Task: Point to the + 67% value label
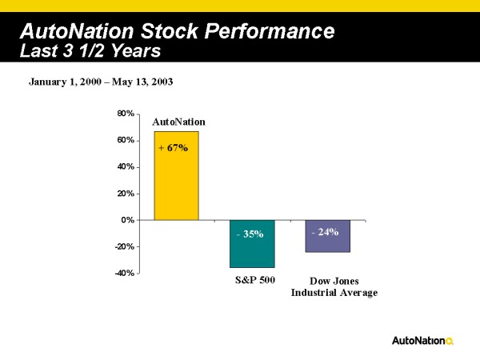point(173,148)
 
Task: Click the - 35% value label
point(250,234)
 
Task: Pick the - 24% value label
point(324,231)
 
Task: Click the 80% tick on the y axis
point(125,114)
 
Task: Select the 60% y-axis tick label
point(125,140)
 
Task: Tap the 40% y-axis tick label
point(125,166)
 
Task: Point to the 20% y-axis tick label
point(125,193)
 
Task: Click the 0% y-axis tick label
point(127,219)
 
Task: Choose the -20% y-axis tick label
point(123,246)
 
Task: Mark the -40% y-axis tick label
point(123,273)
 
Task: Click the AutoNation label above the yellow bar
point(178,122)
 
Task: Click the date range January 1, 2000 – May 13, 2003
point(101,82)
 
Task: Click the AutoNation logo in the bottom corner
point(422,341)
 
